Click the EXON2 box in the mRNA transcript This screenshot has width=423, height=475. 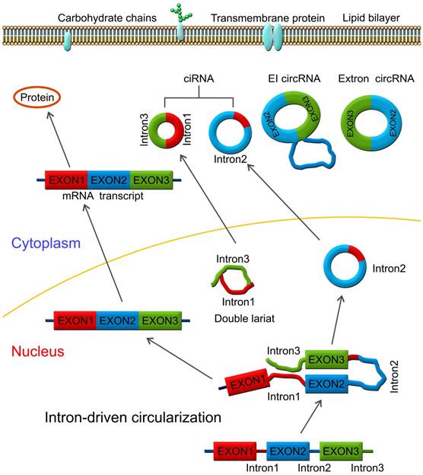coord(110,180)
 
